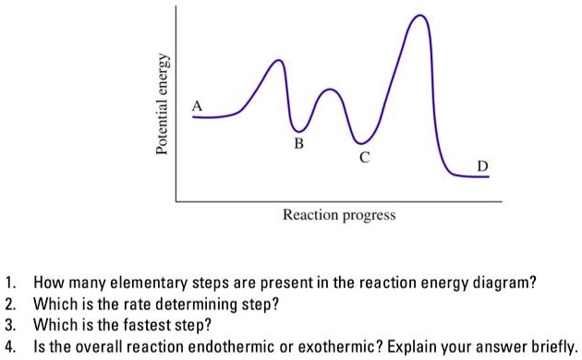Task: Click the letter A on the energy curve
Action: [196, 106]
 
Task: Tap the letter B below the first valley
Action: [297, 144]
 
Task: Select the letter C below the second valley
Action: [364, 157]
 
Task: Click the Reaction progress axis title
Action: [338, 215]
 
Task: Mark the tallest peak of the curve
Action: [421, 17]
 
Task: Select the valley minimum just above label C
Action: [361, 141]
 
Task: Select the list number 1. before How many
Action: [10, 283]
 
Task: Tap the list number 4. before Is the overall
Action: [10, 346]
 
